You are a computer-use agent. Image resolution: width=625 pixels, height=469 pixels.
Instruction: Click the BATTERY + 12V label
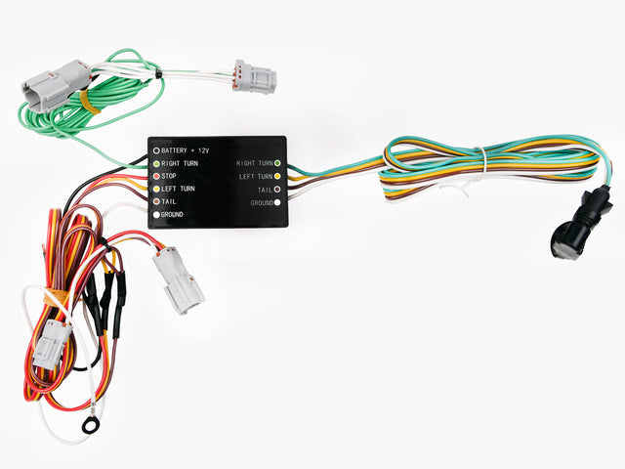[x=187, y=151]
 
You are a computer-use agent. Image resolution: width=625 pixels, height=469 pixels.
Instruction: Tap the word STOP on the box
[x=169, y=176]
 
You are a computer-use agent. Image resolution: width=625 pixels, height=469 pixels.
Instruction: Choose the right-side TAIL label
[x=264, y=190]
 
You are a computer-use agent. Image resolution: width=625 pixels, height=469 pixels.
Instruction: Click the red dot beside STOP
[x=154, y=176]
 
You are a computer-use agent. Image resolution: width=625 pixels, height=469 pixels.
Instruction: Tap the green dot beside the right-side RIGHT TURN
[x=278, y=163]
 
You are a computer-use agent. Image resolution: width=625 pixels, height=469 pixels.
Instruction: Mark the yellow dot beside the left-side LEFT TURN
[x=154, y=189]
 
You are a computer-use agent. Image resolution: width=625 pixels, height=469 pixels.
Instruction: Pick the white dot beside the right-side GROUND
[x=278, y=202]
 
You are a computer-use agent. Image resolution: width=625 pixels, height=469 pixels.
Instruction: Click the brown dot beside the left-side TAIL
[x=154, y=201]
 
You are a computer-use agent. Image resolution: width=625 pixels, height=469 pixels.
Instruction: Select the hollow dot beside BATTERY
[x=154, y=151]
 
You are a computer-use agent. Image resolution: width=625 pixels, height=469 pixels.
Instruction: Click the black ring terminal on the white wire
[x=91, y=425]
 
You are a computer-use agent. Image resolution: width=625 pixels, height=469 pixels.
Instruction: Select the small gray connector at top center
[x=254, y=75]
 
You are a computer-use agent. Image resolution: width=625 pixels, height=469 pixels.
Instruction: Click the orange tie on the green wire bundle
[x=85, y=101]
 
